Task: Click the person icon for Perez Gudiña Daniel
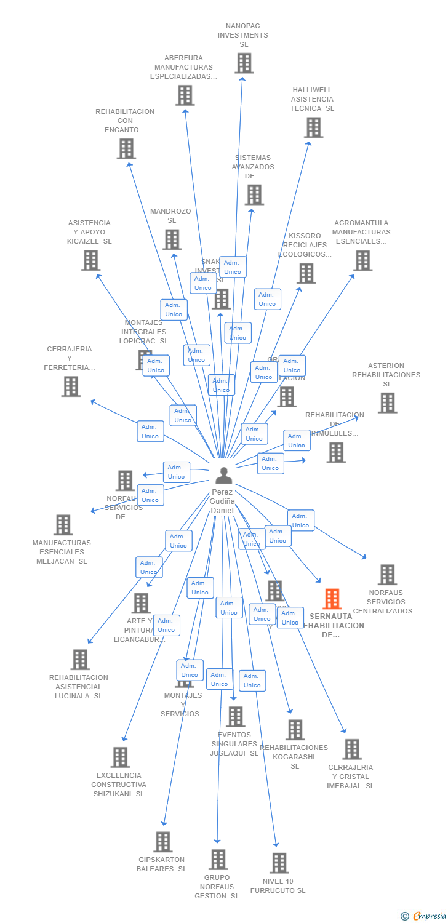coord(224,475)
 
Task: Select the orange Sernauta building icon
coord(332,599)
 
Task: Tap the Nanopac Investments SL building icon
coord(244,63)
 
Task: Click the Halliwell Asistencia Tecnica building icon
coord(313,127)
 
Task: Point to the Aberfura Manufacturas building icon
coord(185,95)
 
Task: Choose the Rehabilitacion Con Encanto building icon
coord(126,148)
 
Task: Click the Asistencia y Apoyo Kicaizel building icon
coord(90,260)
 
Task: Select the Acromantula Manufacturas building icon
coord(362,260)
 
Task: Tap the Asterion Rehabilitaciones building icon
coord(387,403)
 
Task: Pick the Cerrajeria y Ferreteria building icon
coord(71,386)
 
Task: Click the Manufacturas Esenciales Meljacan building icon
coord(63,525)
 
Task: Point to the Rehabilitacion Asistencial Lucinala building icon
coord(79,660)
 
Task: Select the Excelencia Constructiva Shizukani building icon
coord(120,757)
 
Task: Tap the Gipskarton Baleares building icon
coord(162,842)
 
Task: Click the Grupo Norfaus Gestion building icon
coord(218,860)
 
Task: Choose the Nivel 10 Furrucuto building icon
coord(279,863)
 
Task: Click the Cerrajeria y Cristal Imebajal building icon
coord(352,749)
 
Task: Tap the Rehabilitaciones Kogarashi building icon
coord(295,730)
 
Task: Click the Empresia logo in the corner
coord(424,916)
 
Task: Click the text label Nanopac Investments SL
coord(243,35)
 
